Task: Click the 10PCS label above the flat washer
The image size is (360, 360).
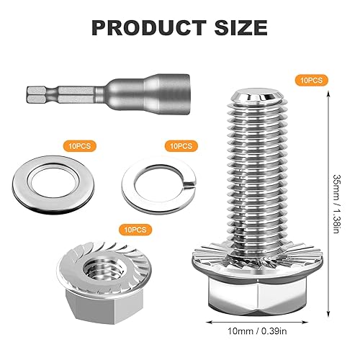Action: [79, 145]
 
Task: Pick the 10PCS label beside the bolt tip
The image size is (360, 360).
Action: [311, 80]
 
